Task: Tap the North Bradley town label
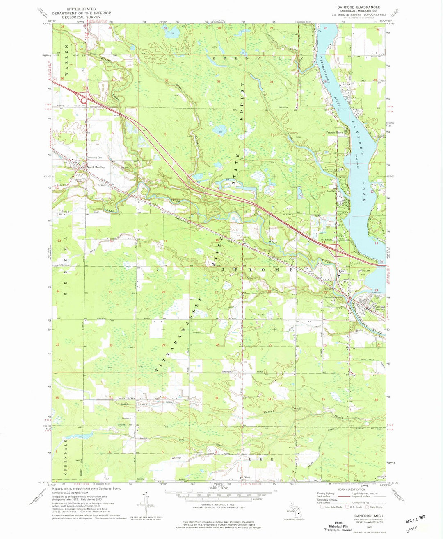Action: pyautogui.click(x=96, y=167)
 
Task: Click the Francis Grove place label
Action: pyautogui.click(x=334, y=132)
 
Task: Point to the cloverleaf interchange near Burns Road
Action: pyautogui.click(x=85, y=98)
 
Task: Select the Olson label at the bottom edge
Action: pyautogui.click(x=247, y=477)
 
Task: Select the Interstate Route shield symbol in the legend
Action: pyautogui.click(x=322, y=507)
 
